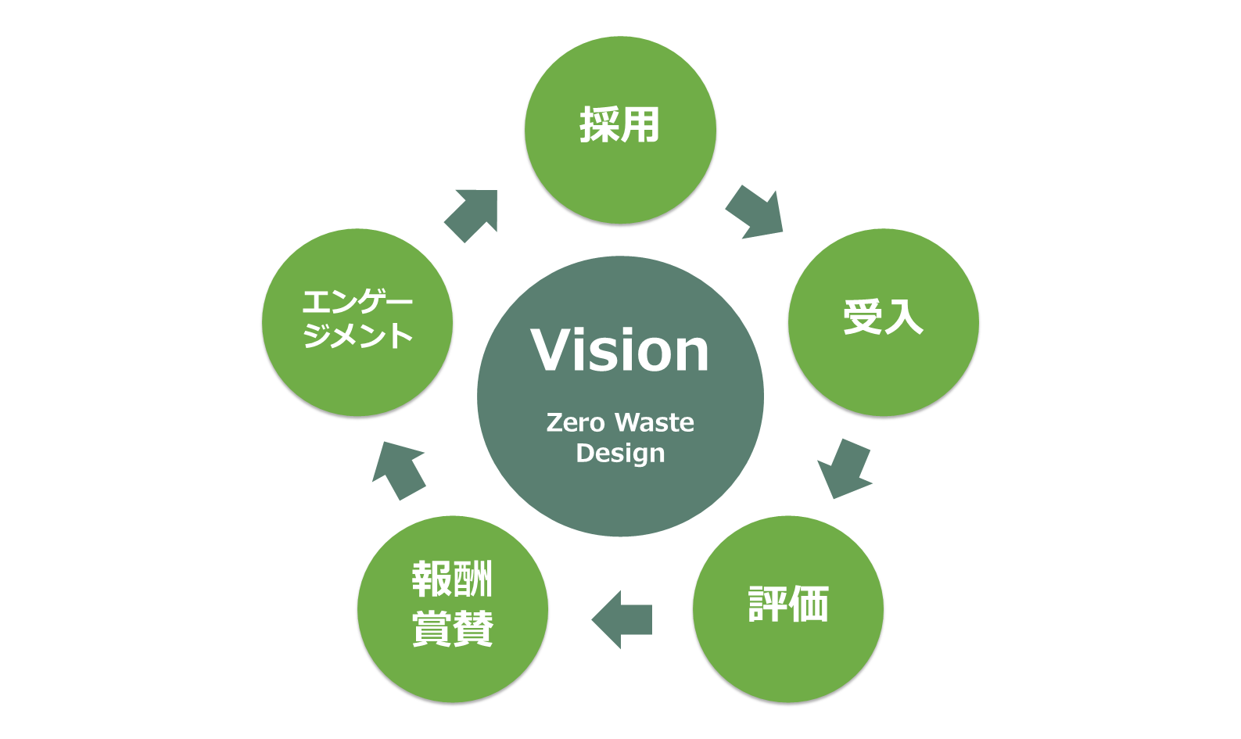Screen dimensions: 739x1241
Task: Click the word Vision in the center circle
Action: (619, 350)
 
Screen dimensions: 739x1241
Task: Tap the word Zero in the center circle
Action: (576, 423)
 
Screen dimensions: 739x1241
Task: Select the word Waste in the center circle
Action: (655, 423)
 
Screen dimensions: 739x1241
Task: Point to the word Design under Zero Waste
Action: (620, 454)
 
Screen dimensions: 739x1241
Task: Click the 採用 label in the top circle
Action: (619, 125)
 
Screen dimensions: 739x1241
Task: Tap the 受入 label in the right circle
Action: (883, 317)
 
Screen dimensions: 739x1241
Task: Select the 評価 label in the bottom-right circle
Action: (787, 604)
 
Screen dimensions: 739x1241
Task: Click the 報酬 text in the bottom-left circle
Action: (452, 579)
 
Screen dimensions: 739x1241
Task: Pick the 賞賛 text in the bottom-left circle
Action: (452, 628)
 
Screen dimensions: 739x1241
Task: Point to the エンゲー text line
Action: (357, 302)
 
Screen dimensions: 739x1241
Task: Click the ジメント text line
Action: (357, 336)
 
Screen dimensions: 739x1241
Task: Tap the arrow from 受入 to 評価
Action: (844, 468)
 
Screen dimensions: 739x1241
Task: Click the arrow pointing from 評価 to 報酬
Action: (622, 619)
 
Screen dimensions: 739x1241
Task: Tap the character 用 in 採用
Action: (640, 125)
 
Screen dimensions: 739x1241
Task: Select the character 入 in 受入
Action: (904, 317)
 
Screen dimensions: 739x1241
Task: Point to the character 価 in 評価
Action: (809, 604)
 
